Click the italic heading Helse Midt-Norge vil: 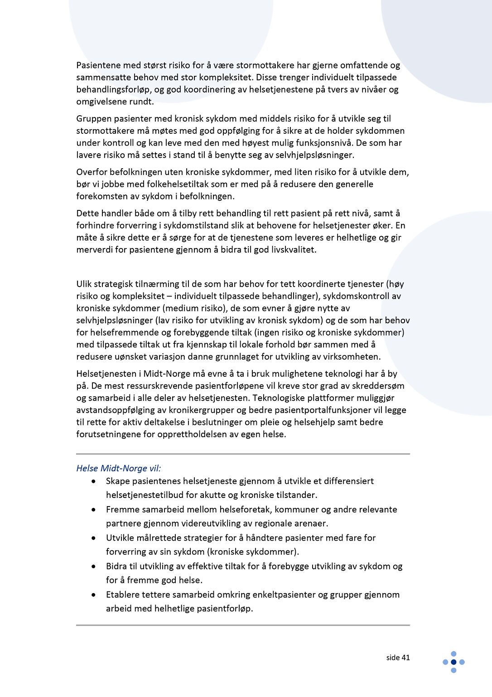click(118, 468)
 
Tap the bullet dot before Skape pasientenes click(94, 481)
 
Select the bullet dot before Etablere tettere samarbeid click(94, 595)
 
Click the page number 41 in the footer click(405, 658)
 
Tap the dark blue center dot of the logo click(453, 662)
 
